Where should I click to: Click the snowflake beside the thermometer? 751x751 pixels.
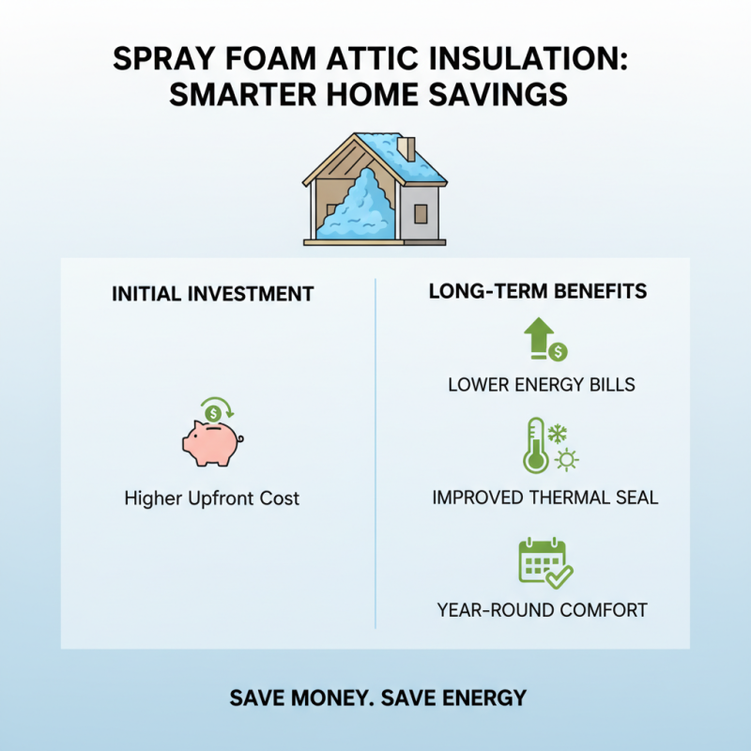[x=558, y=434]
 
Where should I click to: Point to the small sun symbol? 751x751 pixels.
[x=567, y=459]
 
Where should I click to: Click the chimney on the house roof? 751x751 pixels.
[x=407, y=148]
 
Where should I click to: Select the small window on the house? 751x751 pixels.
[x=421, y=212]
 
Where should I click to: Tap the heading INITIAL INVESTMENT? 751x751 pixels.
[x=212, y=294]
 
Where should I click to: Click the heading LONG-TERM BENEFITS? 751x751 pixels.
[x=537, y=291]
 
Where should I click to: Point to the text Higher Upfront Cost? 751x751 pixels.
[x=212, y=498]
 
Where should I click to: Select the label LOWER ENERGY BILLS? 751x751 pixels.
[x=542, y=384]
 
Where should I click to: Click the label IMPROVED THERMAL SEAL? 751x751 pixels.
[x=544, y=498]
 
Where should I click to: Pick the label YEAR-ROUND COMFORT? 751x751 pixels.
[x=542, y=610]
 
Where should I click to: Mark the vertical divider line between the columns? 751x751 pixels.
[x=375, y=451]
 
